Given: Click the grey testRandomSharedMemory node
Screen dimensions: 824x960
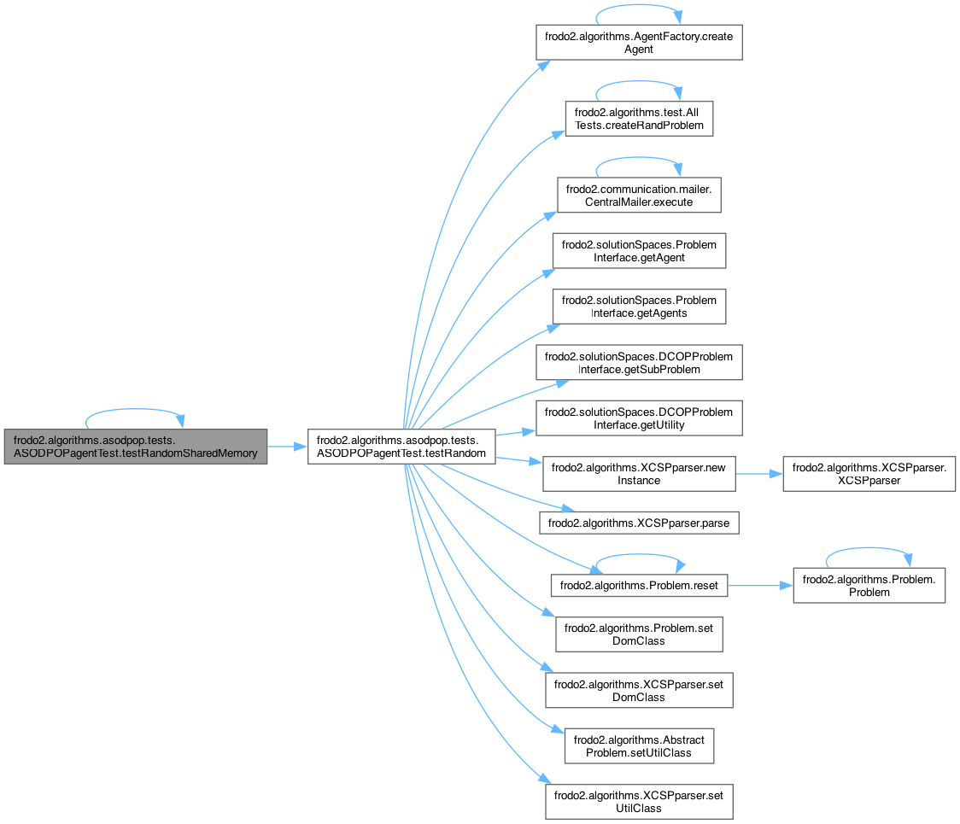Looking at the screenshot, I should [x=135, y=446].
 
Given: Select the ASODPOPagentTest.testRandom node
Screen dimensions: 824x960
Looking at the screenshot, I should [x=401, y=446].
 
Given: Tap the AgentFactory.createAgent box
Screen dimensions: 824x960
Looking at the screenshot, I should [x=639, y=42].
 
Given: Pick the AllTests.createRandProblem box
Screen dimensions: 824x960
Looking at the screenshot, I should [x=639, y=119].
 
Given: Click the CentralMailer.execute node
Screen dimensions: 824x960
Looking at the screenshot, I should [x=639, y=196].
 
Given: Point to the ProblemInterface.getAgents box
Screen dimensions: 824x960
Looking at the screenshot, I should [x=639, y=307].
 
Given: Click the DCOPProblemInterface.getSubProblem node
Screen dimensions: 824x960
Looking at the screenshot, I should [x=639, y=362].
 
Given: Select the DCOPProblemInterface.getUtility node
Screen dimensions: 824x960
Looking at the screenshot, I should [x=639, y=418].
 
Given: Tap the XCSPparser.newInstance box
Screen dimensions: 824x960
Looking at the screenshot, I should [x=639, y=474].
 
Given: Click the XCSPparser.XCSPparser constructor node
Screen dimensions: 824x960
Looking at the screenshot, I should [x=869, y=474].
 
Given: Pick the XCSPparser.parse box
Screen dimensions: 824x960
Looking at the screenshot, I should [x=639, y=521].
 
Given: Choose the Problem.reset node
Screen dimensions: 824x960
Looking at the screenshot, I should [x=639, y=586].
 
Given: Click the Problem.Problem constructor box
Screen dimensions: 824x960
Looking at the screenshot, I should [x=869, y=586].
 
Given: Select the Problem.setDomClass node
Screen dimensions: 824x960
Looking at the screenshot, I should [x=639, y=634].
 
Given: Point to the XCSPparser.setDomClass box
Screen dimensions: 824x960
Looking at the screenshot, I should [x=639, y=690].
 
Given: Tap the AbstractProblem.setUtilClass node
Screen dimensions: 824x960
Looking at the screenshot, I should [x=639, y=745].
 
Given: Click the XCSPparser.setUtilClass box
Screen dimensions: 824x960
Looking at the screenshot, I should [x=639, y=802].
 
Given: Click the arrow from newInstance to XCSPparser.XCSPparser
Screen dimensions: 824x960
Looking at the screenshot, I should [x=759, y=474].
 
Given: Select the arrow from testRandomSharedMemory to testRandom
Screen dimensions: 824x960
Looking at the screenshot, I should [x=288, y=446].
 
